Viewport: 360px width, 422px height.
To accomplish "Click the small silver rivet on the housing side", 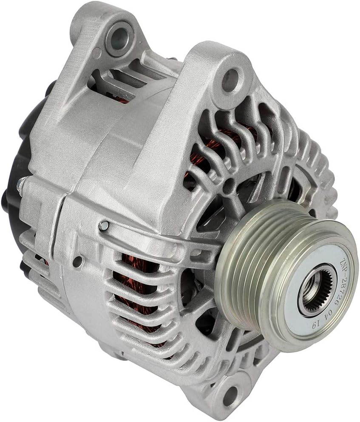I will tap(103, 225).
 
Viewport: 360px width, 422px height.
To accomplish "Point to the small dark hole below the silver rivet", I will tap(77, 260).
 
